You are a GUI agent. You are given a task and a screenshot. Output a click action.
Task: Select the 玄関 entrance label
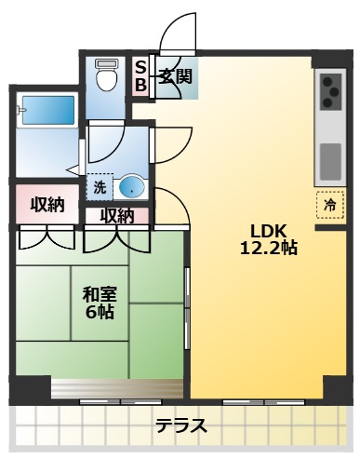[174, 76]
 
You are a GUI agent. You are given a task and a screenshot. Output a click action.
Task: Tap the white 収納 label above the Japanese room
[118, 216]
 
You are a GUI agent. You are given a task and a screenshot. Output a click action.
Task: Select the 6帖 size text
[99, 313]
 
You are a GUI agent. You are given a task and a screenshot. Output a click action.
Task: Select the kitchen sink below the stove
[330, 160]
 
